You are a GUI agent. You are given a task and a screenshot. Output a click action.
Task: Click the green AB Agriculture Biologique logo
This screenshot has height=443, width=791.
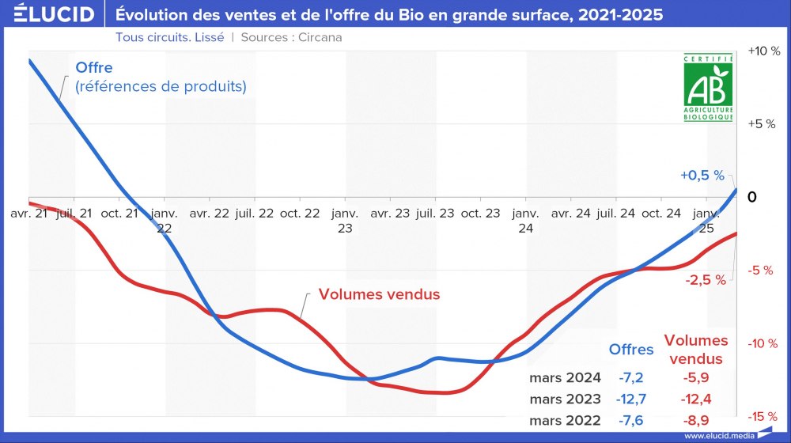click(709, 88)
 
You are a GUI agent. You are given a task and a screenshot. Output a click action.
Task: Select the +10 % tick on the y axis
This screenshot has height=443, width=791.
click(763, 51)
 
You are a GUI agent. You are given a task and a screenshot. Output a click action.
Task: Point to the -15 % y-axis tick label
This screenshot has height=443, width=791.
click(763, 416)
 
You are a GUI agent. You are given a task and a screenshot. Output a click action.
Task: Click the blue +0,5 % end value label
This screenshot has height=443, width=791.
click(702, 176)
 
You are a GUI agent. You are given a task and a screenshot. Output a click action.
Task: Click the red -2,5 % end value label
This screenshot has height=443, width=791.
click(705, 281)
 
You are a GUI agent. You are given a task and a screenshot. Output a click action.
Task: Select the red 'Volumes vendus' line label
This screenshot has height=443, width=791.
click(379, 294)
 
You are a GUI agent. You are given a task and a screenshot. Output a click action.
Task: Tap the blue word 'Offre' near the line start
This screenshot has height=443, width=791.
click(94, 68)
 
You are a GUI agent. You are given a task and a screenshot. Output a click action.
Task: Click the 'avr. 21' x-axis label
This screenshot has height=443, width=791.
click(31, 214)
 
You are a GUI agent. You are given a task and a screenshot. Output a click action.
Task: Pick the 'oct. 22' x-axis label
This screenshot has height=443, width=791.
click(300, 214)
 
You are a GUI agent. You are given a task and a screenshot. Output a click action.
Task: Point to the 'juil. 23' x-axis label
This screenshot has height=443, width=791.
click(435, 214)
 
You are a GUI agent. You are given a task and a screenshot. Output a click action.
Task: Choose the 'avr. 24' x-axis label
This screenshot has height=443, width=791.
click(571, 214)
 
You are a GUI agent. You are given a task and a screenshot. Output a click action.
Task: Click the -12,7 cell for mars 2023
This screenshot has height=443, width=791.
click(630, 399)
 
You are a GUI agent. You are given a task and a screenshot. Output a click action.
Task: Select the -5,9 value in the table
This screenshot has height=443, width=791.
click(695, 377)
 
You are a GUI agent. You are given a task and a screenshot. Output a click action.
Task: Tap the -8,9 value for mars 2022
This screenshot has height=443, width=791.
click(695, 420)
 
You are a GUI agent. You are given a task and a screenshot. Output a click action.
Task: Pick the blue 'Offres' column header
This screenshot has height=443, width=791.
click(630, 349)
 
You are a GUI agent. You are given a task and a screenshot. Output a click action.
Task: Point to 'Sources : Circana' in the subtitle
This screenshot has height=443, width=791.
click(291, 37)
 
